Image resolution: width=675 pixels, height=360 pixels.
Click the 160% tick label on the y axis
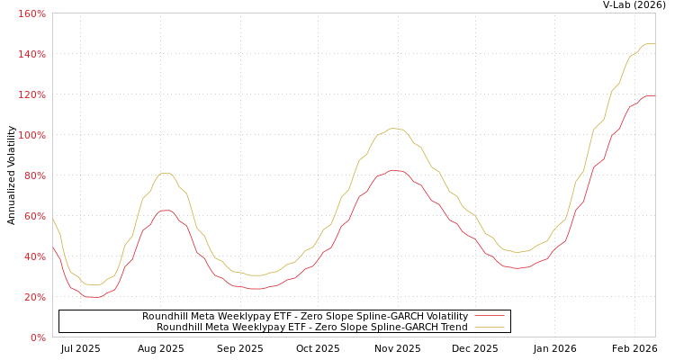[31, 14]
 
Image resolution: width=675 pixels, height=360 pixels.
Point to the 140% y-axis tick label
[31, 55]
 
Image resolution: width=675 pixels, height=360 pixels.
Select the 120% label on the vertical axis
[31, 95]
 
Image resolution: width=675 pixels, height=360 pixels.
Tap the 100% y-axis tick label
[31, 136]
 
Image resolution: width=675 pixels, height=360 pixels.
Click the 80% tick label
[34, 176]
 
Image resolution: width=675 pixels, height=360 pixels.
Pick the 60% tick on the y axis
[34, 217]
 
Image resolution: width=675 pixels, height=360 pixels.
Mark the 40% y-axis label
[34, 257]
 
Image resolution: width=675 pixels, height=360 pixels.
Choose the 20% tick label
[34, 298]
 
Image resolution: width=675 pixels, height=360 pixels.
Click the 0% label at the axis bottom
[38, 338]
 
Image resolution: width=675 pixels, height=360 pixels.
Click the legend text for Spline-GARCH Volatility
[304, 316]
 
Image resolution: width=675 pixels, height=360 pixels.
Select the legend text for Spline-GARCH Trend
[311, 327]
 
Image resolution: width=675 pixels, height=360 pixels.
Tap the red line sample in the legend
[490, 316]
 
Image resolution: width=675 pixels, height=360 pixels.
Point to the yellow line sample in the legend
[490, 327]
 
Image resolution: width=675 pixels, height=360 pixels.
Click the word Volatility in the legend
[445, 316]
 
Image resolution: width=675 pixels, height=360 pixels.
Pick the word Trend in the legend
[453, 327]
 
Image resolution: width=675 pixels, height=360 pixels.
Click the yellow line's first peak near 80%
[166, 173]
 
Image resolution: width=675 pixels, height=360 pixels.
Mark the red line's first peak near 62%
[166, 211]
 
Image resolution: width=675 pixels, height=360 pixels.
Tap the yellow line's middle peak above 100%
[393, 128]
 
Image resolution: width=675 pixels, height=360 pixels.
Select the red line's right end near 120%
[652, 95]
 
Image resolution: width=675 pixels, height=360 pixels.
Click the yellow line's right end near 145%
[652, 43]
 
